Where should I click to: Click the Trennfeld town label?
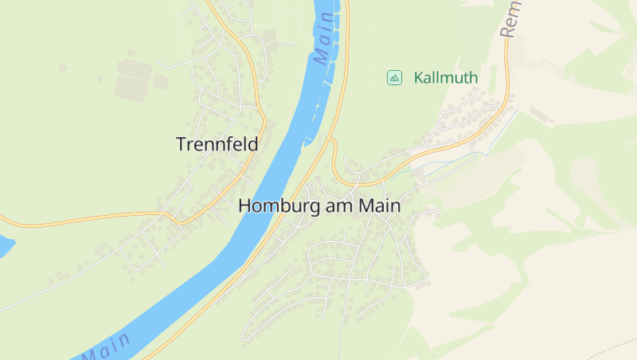[217, 144]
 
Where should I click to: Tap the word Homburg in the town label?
[279, 205]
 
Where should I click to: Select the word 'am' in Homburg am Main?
[341, 205]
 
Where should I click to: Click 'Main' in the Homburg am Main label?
[379, 205]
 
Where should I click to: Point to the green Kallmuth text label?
[446, 78]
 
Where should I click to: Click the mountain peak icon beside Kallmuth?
[393, 77]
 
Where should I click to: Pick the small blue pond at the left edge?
[5, 245]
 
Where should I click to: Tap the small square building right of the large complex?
[161, 82]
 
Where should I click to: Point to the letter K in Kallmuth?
[418, 78]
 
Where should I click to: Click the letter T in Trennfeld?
[180, 144]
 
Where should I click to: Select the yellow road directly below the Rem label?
[507, 64]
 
